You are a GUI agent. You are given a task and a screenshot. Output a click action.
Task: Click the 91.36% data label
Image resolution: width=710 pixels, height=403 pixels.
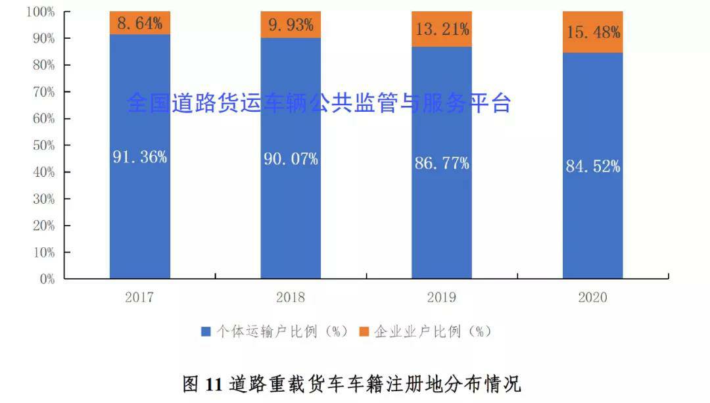click(x=139, y=157)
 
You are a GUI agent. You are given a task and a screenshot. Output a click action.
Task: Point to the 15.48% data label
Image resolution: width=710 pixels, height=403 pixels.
click(x=593, y=32)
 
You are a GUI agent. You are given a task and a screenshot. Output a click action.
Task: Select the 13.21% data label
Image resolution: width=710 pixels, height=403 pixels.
click(x=442, y=29)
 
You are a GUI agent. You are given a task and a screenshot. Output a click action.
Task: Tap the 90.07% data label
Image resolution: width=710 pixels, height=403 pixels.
click(x=291, y=158)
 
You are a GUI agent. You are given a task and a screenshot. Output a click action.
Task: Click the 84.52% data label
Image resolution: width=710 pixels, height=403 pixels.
click(x=593, y=166)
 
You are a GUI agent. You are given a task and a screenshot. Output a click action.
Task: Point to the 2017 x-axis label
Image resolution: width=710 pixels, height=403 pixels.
click(x=139, y=297)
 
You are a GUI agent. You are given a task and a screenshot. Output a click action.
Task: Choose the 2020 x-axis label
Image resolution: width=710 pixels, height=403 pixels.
click(x=593, y=297)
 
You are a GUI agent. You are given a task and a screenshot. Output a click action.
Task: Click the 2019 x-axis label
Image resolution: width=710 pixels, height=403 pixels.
click(x=442, y=297)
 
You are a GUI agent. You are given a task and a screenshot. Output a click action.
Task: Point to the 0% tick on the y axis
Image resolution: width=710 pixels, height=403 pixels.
click(x=45, y=279)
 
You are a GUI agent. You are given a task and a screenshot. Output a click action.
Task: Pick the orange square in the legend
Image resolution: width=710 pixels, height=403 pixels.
click(x=364, y=332)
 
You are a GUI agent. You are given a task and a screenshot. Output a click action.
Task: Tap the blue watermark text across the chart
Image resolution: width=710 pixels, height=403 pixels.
click(x=319, y=103)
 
